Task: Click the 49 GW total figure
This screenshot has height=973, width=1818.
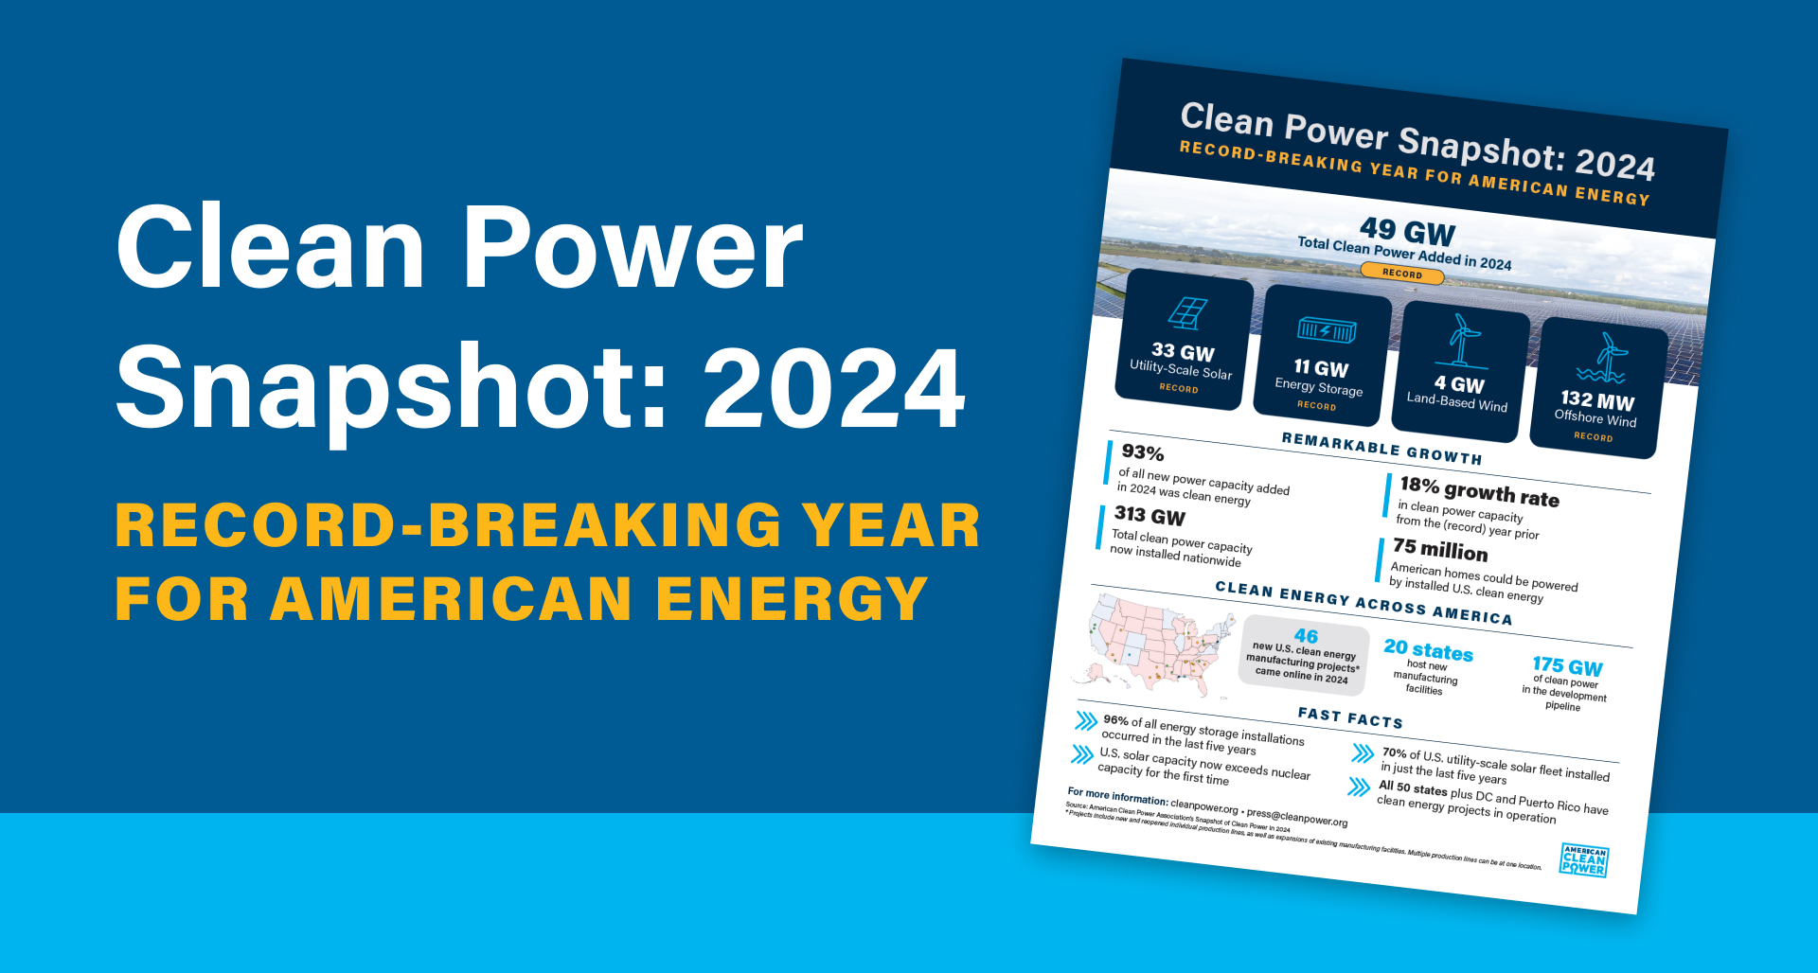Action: [x=1407, y=231]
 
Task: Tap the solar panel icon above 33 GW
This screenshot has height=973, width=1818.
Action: [x=1186, y=313]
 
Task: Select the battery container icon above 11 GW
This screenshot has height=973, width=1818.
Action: [x=1326, y=330]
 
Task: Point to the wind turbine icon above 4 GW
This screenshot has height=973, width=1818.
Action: [x=1463, y=340]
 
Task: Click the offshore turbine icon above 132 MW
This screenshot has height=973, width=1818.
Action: [x=1602, y=358]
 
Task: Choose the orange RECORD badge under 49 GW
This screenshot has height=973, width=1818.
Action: [x=1401, y=274]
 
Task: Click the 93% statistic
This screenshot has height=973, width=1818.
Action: [x=1143, y=453]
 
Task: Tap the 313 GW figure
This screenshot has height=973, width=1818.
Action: [x=1150, y=516]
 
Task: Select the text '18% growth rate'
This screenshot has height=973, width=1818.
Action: [x=1479, y=492]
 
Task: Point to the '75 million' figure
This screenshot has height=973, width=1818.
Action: [x=1440, y=550]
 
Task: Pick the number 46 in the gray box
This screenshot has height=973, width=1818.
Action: [x=1306, y=636]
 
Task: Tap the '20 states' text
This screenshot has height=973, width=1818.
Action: [x=1428, y=650]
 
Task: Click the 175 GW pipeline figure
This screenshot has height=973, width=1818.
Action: [x=1567, y=666]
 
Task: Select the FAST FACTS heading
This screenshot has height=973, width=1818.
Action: [x=1350, y=717]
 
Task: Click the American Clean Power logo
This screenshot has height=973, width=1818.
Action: [x=1584, y=860]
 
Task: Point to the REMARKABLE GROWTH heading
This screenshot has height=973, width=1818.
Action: [x=1381, y=449]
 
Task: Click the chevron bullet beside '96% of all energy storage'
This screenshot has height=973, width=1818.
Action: [x=1086, y=722]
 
